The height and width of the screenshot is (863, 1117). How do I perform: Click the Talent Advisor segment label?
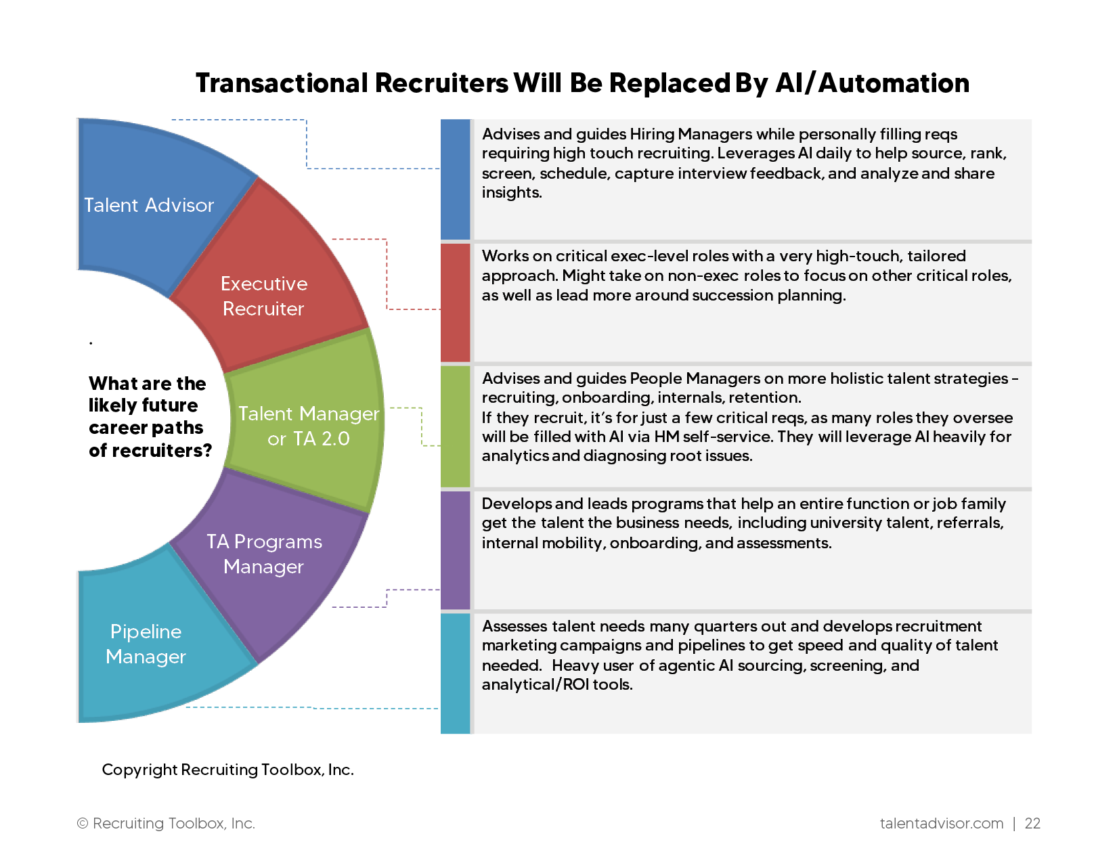click(149, 205)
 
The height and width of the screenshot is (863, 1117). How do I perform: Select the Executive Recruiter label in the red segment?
click(263, 296)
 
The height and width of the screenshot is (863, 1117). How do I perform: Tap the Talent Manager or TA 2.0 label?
click(308, 426)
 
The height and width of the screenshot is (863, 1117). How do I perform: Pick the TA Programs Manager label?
click(264, 554)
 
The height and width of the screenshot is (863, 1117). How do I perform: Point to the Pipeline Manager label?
click(146, 644)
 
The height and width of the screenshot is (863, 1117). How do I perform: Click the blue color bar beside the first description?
click(455, 179)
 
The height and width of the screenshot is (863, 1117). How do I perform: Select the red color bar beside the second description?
click(455, 302)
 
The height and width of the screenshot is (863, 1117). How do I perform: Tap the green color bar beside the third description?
click(455, 426)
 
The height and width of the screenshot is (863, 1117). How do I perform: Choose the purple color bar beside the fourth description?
click(455, 550)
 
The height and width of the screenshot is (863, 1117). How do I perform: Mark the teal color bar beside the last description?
click(455, 673)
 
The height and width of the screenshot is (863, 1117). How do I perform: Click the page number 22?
click(1032, 823)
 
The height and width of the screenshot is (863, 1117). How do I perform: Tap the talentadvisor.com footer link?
click(941, 823)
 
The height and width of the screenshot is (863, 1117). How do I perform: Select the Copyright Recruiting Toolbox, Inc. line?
click(227, 770)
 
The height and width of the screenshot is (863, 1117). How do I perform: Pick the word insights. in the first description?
click(512, 193)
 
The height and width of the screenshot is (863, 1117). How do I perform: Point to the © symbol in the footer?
click(83, 823)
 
